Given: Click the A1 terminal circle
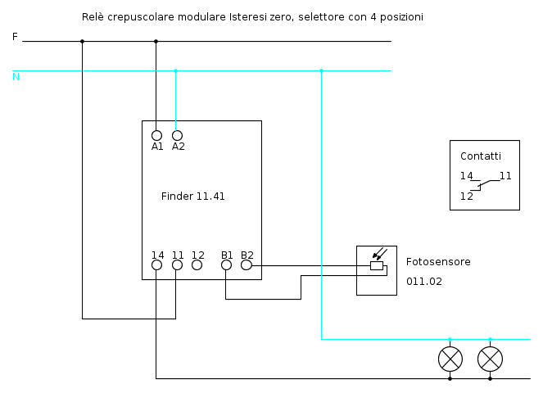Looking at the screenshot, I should (156, 135).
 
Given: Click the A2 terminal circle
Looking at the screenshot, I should (177, 135).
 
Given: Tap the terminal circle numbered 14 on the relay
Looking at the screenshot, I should (157, 265).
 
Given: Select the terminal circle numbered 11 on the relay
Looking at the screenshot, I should (177, 265).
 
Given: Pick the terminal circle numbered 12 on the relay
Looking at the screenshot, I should (197, 265).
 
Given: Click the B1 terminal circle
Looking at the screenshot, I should (226, 265).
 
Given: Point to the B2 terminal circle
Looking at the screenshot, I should (247, 265).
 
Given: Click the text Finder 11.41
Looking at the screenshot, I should (192, 196).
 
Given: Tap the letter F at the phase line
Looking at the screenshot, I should (15, 37).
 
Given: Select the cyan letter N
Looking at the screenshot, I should (16, 77).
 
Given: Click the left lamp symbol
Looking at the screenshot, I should (450, 359).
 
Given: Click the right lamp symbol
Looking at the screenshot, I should (490, 359).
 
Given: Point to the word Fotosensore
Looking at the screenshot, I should (438, 262).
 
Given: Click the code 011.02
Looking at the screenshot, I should (423, 281).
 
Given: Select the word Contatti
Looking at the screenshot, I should (481, 156).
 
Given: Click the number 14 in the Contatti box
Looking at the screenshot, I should (467, 176).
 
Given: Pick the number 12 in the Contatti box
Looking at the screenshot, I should (467, 196).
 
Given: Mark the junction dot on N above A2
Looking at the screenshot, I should (175, 70).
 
